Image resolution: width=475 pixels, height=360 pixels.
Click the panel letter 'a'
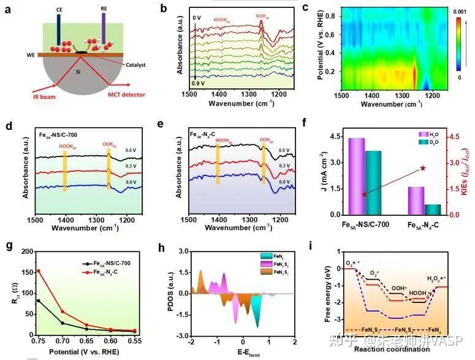(8, 9)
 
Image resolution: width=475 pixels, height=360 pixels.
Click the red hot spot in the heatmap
(415, 76)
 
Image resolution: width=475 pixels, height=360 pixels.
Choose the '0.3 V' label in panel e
(283, 166)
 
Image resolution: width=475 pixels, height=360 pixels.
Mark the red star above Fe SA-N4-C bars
(423, 168)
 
